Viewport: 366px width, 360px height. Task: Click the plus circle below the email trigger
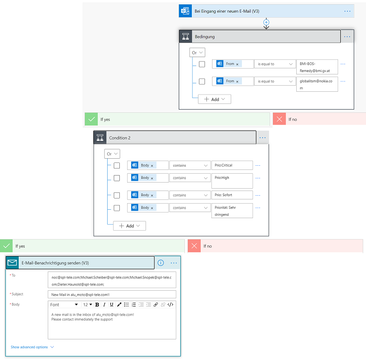pos(266,22)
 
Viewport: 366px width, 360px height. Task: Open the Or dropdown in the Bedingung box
pos(197,52)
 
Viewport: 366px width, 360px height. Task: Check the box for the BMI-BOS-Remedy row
pos(202,64)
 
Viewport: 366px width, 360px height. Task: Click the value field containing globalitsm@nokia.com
pos(317,84)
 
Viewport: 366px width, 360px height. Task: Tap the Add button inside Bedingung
pos(214,99)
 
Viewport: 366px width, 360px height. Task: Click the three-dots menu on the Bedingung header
pos(347,37)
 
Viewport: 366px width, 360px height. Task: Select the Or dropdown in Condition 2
pos(112,154)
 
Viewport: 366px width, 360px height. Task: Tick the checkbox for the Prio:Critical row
pos(117,166)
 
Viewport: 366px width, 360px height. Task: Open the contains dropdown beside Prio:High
pos(190,178)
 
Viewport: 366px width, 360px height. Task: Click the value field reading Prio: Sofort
pos(232,195)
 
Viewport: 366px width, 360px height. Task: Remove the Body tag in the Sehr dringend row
pos(152,208)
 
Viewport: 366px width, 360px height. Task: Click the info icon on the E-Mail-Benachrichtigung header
pos(161,263)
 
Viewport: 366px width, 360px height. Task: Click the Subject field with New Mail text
pos(112,294)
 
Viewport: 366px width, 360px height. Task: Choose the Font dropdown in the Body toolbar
pos(64,305)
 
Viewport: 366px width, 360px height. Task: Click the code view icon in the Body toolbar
pos(170,304)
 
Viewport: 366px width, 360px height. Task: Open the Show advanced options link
pos(32,347)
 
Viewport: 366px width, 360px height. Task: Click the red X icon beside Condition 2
pos(279,119)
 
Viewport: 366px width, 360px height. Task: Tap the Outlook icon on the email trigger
pos(185,11)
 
